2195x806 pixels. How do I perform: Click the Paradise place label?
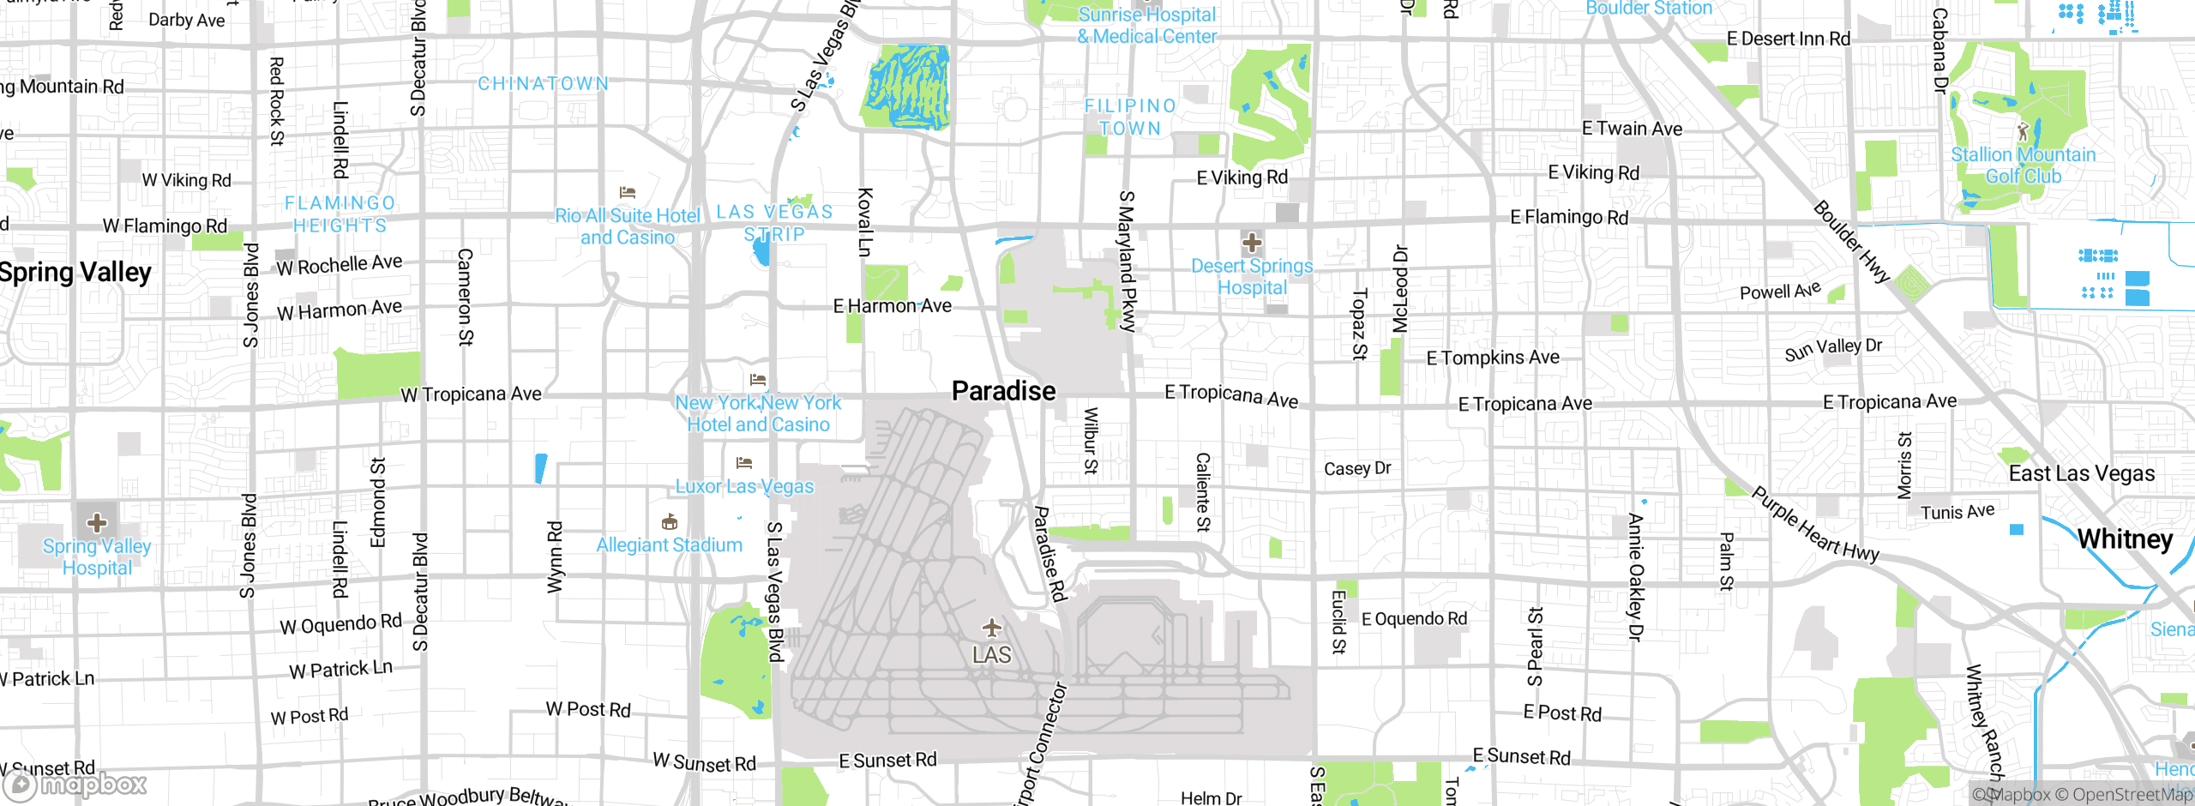click(x=1003, y=391)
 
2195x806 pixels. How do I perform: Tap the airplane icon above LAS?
click(x=992, y=628)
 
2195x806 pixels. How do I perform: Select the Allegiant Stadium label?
click(x=669, y=545)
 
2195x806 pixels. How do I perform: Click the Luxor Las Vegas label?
click(x=744, y=486)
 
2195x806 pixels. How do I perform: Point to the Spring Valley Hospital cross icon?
click(x=97, y=522)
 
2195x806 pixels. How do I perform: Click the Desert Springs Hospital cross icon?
click(x=1252, y=243)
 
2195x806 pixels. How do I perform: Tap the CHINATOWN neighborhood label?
click(x=544, y=84)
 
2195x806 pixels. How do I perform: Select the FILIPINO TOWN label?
click(x=1130, y=117)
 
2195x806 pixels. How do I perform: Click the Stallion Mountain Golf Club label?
click(x=2023, y=165)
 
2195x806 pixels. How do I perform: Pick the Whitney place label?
click(x=2125, y=539)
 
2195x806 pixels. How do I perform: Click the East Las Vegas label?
click(x=2081, y=473)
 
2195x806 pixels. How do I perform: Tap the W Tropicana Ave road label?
click(x=472, y=394)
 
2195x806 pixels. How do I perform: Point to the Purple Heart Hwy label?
click(x=1814, y=525)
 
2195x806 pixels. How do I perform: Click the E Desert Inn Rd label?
click(x=1788, y=39)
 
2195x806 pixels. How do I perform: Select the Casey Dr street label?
click(x=1357, y=468)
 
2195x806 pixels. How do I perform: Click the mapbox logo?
click(x=75, y=784)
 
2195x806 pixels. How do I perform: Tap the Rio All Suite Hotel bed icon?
click(x=628, y=192)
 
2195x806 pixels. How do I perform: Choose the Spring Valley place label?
click(x=75, y=273)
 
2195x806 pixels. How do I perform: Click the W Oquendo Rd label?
click(x=340, y=623)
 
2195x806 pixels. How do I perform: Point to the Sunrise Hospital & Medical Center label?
click(x=1146, y=25)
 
